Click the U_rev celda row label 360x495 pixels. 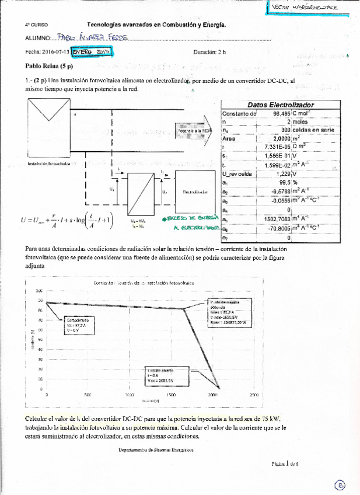237,173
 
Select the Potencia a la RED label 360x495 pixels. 195,131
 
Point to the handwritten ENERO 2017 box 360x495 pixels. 90,52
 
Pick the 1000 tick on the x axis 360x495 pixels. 129,395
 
